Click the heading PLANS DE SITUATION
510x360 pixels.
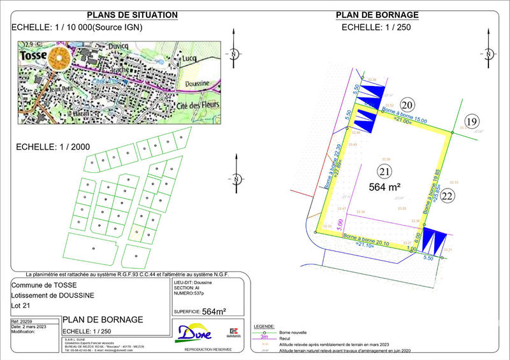[x=132, y=15]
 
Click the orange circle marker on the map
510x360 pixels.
[x=61, y=59]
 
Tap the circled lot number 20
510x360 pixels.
[x=407, y=105]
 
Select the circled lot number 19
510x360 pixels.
[x=471, y=122]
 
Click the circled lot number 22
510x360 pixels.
[x=447, y=196]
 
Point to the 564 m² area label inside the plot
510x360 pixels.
[x=384, y=187]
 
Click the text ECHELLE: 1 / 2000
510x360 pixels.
[x=53, y=147]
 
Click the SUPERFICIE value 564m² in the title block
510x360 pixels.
[x=214, y=312]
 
